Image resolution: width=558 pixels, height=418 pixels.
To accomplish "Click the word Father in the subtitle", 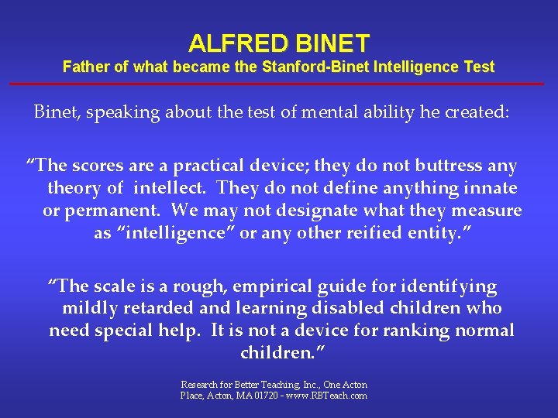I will pos(86,67).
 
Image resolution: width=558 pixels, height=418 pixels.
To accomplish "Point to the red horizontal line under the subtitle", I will pos(279,83).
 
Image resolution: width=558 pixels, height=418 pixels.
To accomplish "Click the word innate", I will pos(491,188).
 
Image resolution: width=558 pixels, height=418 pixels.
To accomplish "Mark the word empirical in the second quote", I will pos(253,286).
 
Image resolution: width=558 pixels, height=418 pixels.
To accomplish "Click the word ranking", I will pos(424,331).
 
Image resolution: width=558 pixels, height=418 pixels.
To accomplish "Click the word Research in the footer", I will pos(198,385).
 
